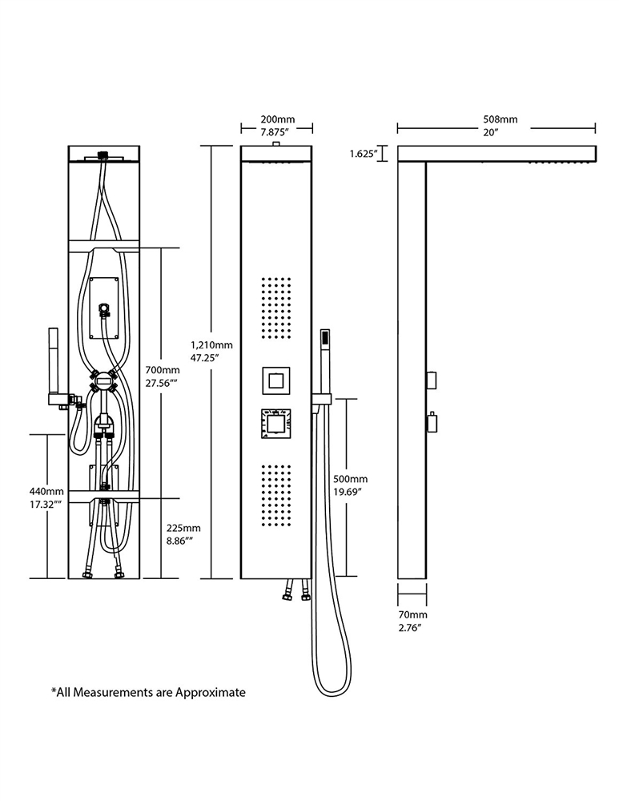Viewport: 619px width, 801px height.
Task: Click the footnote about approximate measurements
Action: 148,691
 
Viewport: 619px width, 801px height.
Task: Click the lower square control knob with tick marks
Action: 276,425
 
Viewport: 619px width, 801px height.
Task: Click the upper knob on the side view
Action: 431,377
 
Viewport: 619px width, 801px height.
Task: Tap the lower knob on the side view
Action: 431,422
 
